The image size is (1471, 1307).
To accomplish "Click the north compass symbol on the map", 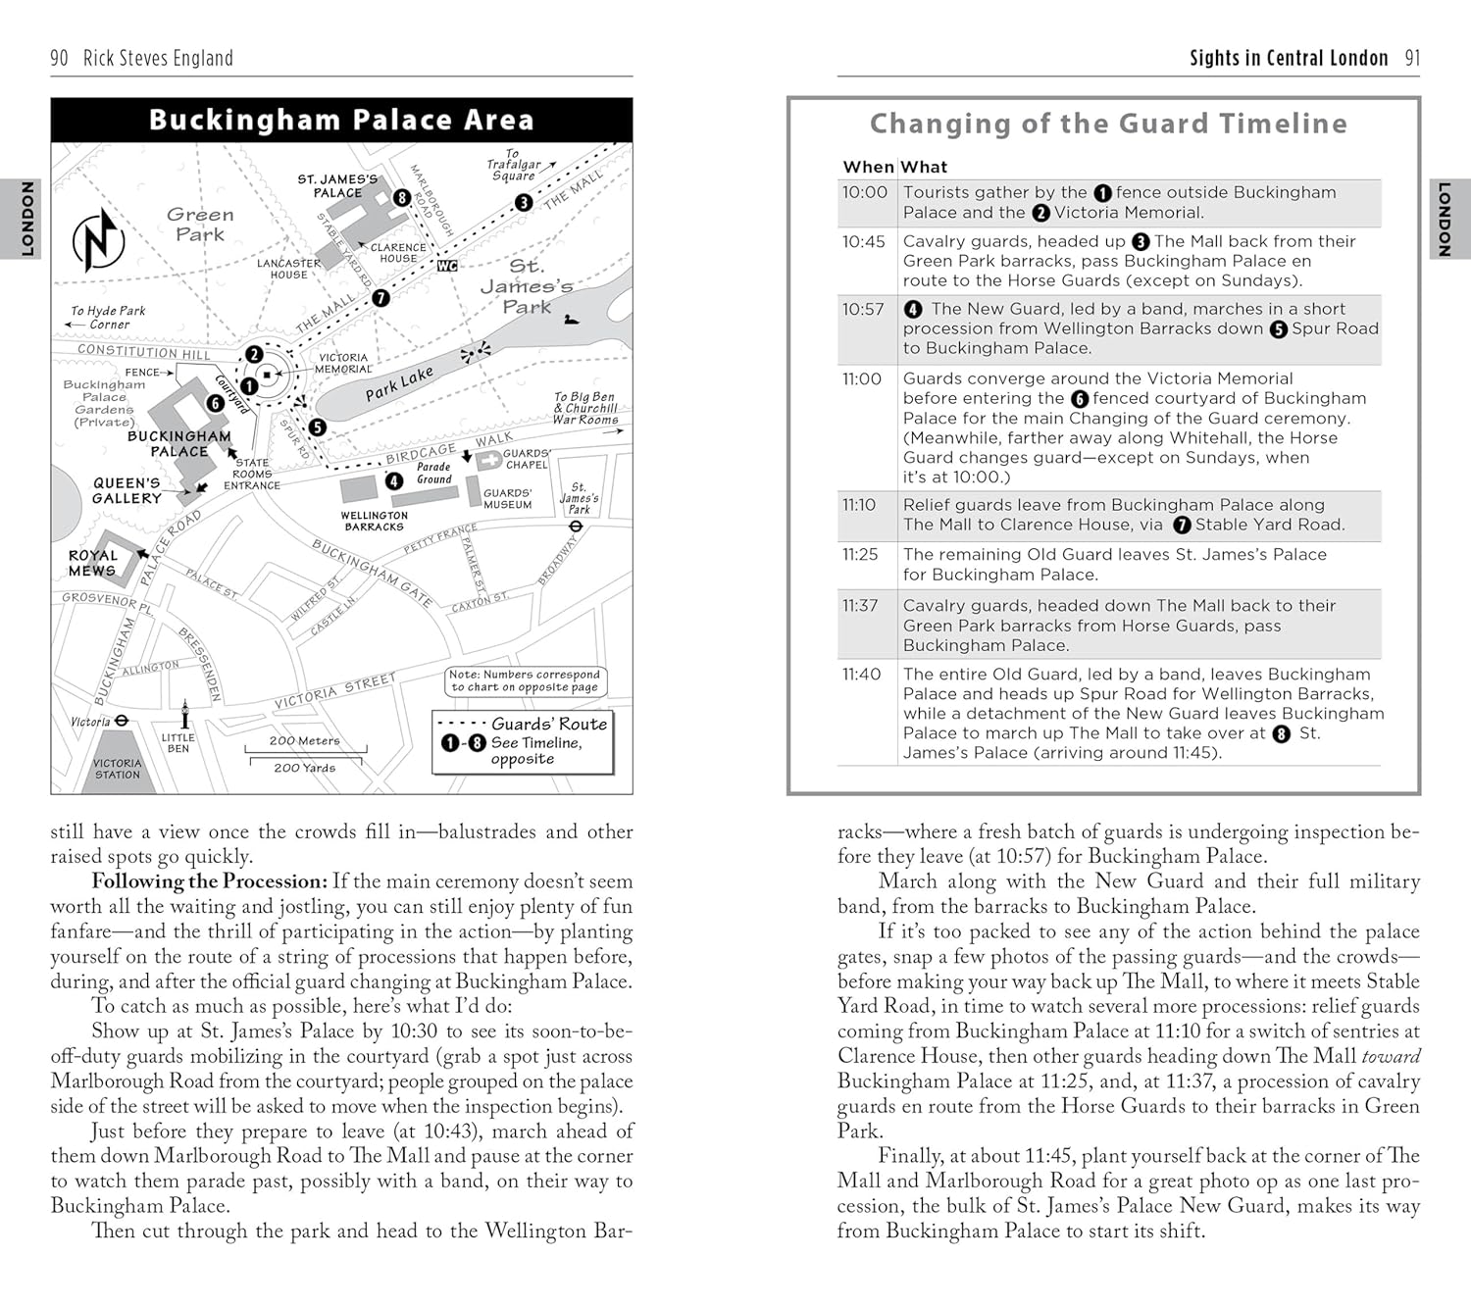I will (x=98, y=240).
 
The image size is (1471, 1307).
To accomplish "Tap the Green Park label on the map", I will (x=200, y=225).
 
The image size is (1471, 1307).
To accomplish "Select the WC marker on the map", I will (x=447, y=266).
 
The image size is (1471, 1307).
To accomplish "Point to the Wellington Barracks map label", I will (x=374, y=521).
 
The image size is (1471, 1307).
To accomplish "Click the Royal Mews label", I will (x=92, y=563).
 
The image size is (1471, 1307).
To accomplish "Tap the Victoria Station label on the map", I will (x=118, y=769).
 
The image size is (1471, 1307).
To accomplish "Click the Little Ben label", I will (x=178, y=742).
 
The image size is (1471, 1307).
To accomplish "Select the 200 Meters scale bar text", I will (x=305, y=741).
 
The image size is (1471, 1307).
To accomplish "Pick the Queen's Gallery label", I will (x=127, y=491).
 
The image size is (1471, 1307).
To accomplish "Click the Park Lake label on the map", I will (x=399, y=384).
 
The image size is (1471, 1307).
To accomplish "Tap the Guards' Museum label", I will (x=507, y=499).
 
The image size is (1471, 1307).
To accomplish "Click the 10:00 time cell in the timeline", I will (x=864, y=193).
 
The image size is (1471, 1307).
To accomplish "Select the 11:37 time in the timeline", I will (x=860, y=606).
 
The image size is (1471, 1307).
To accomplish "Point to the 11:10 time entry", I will (x=859, y=505).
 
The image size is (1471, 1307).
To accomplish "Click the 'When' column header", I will (x=868, y=167).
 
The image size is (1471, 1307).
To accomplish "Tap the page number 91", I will (x=1412, y=59).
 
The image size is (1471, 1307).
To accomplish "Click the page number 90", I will (x=59, y=59).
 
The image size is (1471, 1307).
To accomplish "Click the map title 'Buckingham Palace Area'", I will (x=341, y=121).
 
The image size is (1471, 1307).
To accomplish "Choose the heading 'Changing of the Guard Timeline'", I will (x=1108, y=124).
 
